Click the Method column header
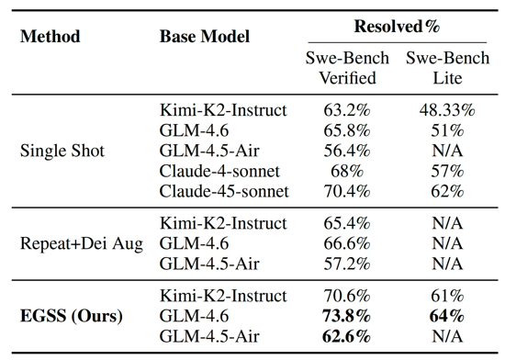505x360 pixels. tap(50, 36)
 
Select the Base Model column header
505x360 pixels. tap(205, 36)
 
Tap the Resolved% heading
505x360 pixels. tap(397, 26)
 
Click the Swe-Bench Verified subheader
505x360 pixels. tap(347, 68)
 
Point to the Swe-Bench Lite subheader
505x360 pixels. tap(448, 68)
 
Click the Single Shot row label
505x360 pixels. tap(62, 151)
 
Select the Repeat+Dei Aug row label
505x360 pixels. tap(82, 243)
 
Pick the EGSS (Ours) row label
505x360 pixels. tap(72, 316)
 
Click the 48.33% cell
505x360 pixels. tap(447, 110)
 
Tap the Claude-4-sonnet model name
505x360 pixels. tap(219, 171)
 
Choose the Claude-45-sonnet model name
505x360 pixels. tap(224, 191)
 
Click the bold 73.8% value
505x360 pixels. tap(346, 316)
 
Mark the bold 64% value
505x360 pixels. tap(447, 316)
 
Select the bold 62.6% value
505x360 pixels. tap(346, 336)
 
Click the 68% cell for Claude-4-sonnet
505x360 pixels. tap(347, 171)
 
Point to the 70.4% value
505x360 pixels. tap(347, 191)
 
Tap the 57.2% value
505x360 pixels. tap(347, 264)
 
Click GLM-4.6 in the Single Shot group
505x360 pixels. tap(194, 130)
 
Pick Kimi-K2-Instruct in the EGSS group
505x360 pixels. tap(223, 296)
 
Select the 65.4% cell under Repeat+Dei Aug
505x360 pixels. tap(347, 223)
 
